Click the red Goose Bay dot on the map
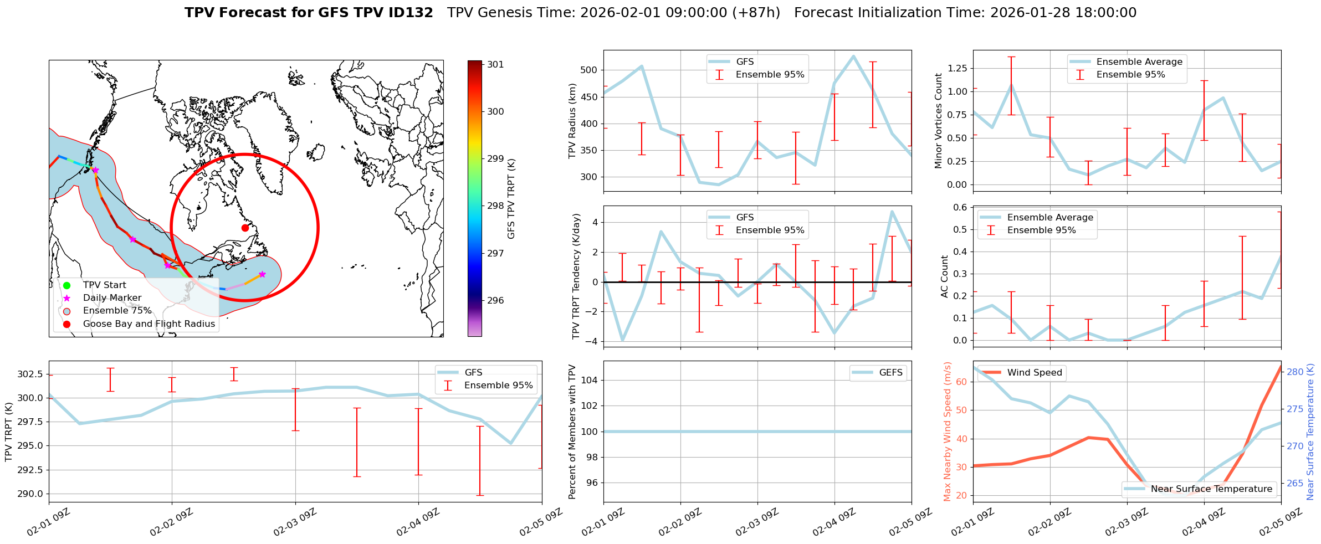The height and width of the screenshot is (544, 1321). coord(245,228)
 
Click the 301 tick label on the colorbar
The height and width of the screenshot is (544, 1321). coord(495,65)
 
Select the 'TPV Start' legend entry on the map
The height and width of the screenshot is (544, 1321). coord(104,285)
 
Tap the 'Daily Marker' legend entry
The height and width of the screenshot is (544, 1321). coord(112,298)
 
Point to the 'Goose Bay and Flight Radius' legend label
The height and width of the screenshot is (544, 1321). coord(149,324)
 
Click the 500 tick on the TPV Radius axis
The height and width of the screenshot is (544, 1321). coord(588,70)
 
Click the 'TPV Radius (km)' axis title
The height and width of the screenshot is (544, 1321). coord(572,121)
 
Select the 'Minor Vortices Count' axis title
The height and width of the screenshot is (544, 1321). coord(938,121)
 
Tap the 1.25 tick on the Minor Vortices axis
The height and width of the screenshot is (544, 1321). coord(958,69)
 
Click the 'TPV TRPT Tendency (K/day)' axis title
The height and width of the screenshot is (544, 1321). coord(576,276)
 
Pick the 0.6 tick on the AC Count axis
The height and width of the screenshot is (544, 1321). coord(960,207)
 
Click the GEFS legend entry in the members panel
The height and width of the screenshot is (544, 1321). coord(890,373)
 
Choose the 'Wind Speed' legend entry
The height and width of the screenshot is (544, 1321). coord(1034,373)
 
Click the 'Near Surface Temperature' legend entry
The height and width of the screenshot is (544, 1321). coord(1211,489)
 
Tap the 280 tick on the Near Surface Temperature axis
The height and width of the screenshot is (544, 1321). coord(1296,372)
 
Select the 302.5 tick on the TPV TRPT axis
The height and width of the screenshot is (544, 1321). coord(30,374)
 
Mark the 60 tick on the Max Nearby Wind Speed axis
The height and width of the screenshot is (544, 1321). coord(961,382)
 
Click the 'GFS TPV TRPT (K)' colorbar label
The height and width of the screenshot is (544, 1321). coord(511,199)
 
